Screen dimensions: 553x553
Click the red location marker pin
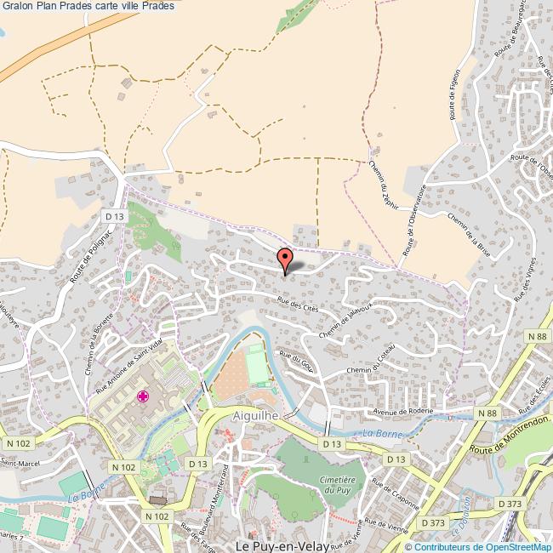[x=285, y=259]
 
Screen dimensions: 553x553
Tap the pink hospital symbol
[x=143, y=396]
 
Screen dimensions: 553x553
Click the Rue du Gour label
[x=296, y=364]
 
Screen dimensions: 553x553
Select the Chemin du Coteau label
[x=371, y=362]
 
